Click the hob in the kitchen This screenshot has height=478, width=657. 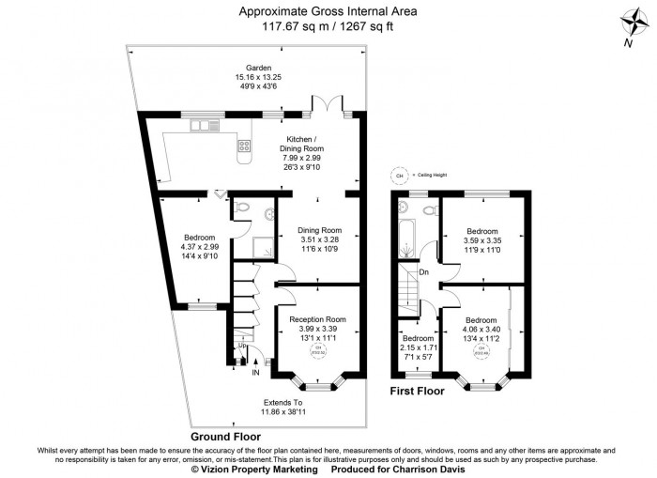pos(245,145)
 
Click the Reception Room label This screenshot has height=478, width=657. pos(317,320)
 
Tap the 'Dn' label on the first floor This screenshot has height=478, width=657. pos(424,272)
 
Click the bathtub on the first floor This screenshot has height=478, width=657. pos(406,231)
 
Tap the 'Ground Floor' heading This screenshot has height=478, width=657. pos(225,437)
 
